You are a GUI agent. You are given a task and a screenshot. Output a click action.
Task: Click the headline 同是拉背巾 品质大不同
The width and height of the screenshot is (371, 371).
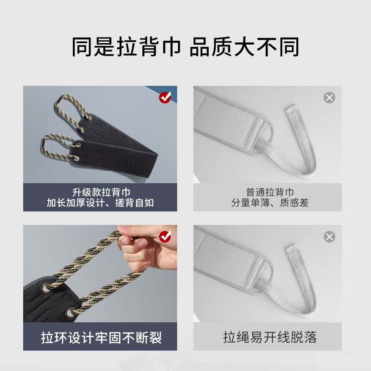click(185, 47)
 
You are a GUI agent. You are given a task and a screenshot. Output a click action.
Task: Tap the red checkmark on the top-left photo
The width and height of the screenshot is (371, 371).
click(165, 97)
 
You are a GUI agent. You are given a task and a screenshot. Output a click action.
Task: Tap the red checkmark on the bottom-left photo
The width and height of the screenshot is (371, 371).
click(165, 237)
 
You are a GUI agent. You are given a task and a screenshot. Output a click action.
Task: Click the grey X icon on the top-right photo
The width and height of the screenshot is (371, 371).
click(329, 97)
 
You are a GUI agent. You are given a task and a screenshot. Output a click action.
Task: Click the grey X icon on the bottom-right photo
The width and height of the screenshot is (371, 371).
click(329, 237)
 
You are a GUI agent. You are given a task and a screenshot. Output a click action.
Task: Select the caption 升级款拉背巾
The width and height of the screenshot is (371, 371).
click(100, 192)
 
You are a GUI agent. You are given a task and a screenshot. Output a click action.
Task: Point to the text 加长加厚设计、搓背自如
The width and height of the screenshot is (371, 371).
click(100, 203)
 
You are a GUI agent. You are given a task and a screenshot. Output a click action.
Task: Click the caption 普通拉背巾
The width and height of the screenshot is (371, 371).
click(270, 192)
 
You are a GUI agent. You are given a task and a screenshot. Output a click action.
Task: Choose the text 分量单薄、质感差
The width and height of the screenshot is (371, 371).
click(270, 203)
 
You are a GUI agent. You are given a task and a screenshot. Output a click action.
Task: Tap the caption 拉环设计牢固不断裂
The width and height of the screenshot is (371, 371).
click(100, 337)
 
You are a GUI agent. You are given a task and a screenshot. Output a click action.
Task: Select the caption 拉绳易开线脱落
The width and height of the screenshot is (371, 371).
click(270, 337)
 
